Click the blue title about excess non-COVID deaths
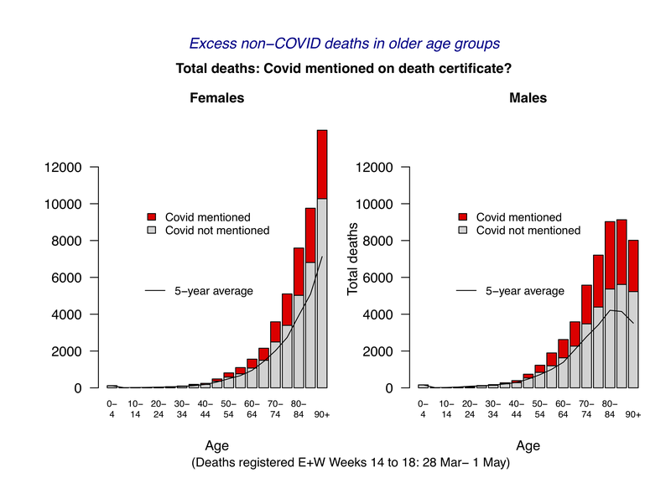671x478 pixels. tap(346, 43)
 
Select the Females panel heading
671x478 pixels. tap(216, 98)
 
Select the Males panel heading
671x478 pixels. tap(528, 98)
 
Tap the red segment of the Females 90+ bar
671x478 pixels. tap(321, 164)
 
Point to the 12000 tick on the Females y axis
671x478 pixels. tap(64, 167)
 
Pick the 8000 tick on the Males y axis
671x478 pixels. tap(375, 241)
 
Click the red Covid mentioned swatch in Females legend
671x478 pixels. tap(152, 217)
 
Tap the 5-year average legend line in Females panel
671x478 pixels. tap(155, 291)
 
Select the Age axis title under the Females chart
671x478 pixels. tap(216, 446)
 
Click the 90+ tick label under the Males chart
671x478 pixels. tap(632, 414)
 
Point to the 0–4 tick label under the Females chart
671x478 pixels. tap(112, 408)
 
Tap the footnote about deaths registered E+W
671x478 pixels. tap(350, 462)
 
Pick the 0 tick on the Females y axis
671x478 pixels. tap(82, 388)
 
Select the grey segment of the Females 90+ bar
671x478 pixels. tap(321, 294)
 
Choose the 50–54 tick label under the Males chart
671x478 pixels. tap(540, 408)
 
